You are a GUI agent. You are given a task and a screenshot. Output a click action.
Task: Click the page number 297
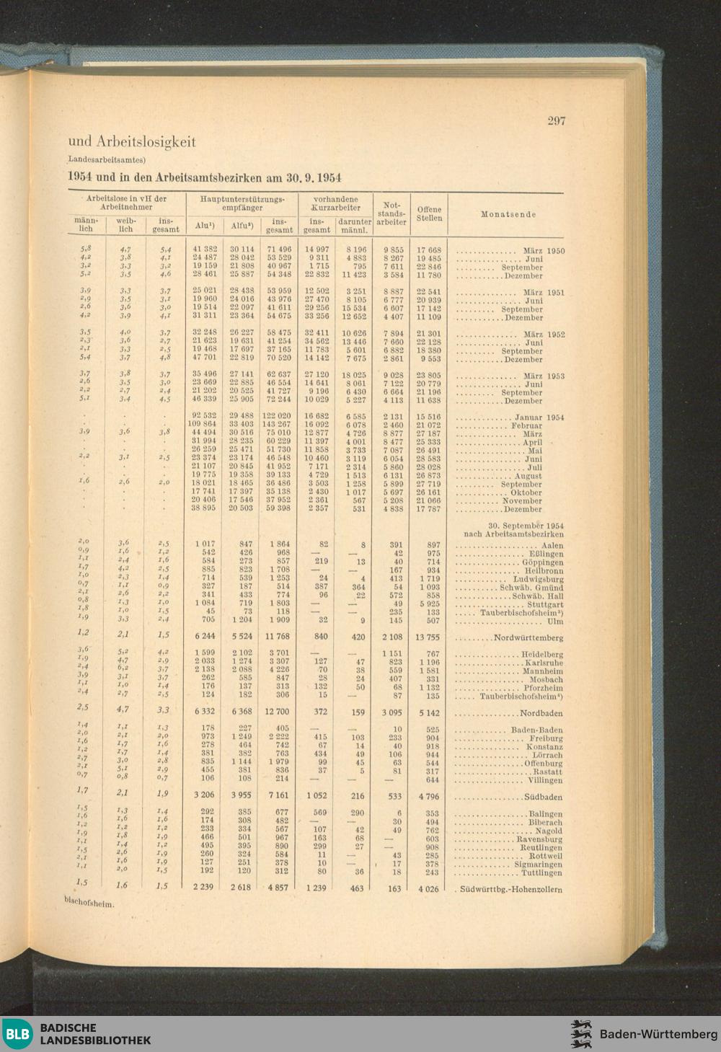(556, 120)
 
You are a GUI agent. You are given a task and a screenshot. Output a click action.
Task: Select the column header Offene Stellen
(429, 213)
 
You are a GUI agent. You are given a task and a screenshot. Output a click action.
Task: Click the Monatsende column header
(508, 214)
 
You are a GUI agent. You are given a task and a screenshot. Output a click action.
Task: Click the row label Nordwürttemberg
(528, 638)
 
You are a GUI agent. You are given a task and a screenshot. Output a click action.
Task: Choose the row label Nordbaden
(541, 714)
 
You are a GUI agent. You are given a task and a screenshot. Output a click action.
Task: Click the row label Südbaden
(544, 797)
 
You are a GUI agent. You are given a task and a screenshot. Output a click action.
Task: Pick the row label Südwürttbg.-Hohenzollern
(511, 890)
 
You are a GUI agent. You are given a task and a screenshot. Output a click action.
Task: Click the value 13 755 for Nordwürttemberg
(428, 638)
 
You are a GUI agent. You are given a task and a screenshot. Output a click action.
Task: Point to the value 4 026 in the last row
(429, 889)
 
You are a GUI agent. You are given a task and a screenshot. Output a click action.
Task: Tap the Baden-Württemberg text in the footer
(658, 1034)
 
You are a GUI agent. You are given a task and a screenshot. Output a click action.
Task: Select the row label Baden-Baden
(536, 730)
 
